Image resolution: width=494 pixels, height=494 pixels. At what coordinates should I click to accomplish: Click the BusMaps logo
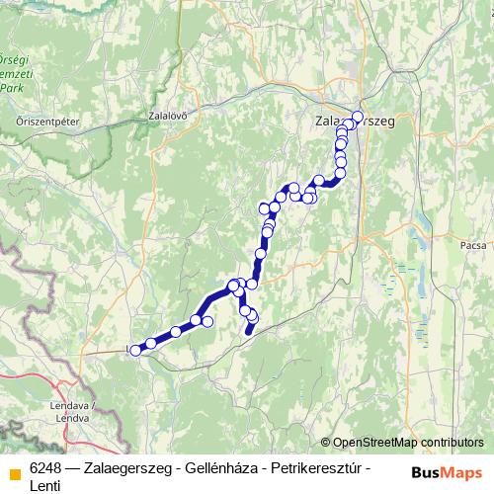click(447, 471)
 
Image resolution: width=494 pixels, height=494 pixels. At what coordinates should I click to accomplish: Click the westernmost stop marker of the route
click(135, 350)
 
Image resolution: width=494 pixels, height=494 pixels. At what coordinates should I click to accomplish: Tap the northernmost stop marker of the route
click(358, 116)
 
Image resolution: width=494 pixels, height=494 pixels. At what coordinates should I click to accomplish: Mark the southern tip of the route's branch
click(247, 332)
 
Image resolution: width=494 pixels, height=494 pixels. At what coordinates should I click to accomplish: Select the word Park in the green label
click(13, 87)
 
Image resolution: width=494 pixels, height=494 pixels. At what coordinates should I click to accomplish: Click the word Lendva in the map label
click(75, 417)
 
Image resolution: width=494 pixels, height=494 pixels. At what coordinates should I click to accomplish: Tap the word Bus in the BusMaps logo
click(428, 471)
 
